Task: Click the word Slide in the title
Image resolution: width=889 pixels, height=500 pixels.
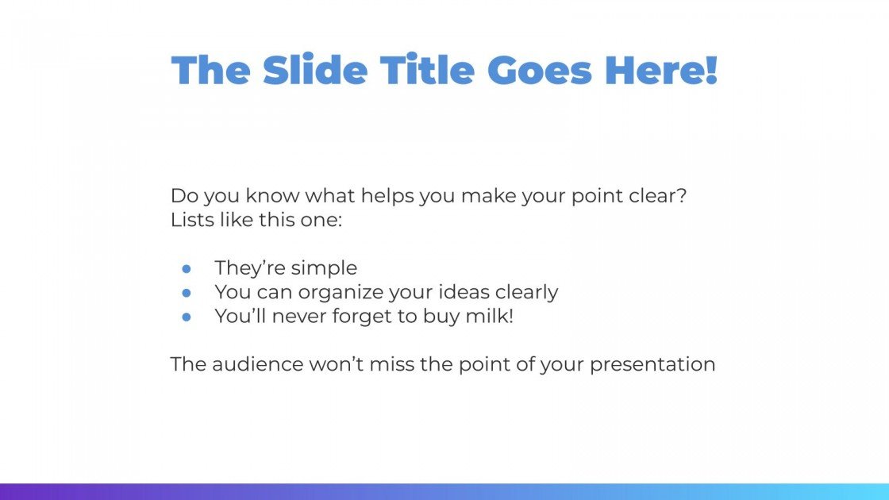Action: click(x=315, y=70)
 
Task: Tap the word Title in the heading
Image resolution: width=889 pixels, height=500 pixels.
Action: click(x=427, y=70)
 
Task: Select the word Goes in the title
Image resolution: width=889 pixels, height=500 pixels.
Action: click(x=539, y=70)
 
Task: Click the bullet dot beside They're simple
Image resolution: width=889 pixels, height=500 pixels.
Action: click(x=187, y=268)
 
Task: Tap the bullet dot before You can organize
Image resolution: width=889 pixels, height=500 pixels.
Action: click(x=187, y=292)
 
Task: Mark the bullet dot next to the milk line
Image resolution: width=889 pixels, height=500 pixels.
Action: click(x=187, y=316)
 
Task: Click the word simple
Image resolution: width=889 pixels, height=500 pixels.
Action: click(x=325, y=268)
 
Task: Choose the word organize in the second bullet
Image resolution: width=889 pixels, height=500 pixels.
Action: click(x=341, y=293)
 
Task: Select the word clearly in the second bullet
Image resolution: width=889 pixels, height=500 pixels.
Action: click(x=528, y=293)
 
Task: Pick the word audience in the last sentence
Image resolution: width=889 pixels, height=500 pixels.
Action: click(x=258, y=364)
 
